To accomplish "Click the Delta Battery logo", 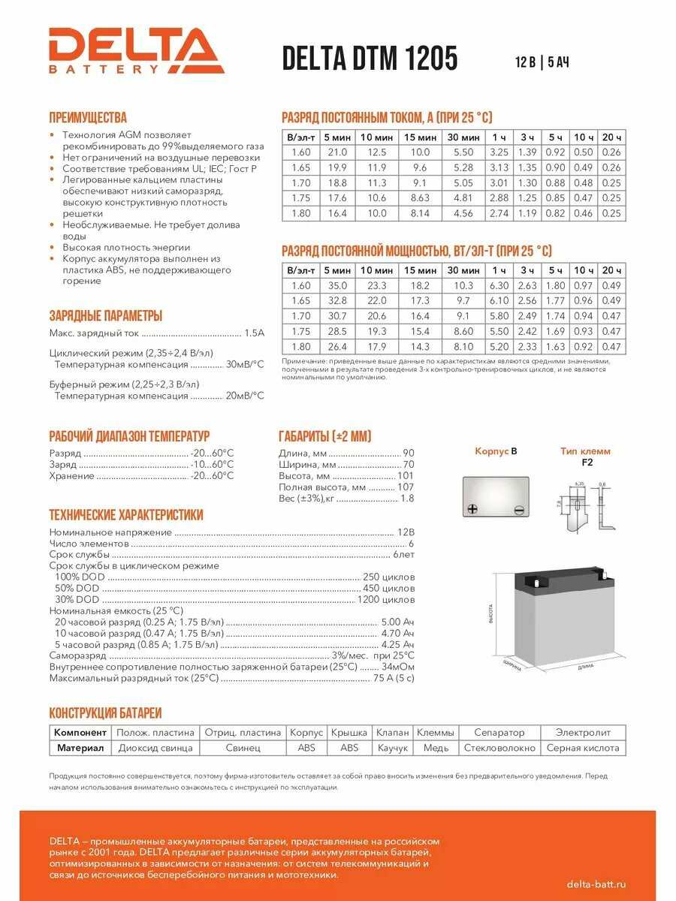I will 137,50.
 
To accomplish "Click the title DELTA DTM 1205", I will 370,59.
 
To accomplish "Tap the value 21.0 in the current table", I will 337,152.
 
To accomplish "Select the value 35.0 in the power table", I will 337,285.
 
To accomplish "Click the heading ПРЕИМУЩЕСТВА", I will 88,118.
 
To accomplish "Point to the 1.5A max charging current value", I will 255,332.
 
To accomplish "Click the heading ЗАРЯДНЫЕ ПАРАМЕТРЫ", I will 105,316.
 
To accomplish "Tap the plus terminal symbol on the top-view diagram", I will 472,509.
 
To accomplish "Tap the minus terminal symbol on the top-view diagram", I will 518,510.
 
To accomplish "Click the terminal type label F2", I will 587,463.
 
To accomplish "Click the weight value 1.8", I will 407,498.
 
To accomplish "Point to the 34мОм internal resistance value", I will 398,667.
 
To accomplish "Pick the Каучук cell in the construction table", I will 393,748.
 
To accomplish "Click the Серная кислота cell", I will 583,748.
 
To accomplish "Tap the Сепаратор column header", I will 499,732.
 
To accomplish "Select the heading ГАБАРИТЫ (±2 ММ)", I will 324,437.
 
